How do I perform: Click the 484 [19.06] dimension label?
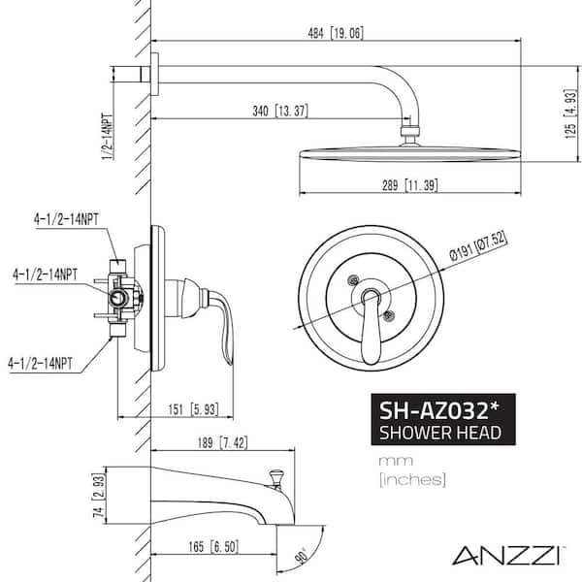pyautogui.click(x=336, y=33)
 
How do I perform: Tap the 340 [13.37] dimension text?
pyautogui.click(x=280, y=111)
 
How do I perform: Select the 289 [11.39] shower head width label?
pyautogui.click(x=409, y=185)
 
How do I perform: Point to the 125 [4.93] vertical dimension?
pyautogui.click(x=570, y=113)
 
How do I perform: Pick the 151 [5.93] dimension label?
pyautogui.click(x=193, y=409)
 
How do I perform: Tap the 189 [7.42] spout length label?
pyautogui.click(x=223, y=442)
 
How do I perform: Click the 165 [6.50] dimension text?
pyautogui.click(x=213, y=546)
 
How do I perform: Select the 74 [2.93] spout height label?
pyautogui.click(x=99, y=496)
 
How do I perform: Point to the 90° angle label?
pyautogui.click(x=303, y=556)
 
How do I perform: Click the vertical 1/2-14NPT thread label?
pyautogui.click(x=108, y=136)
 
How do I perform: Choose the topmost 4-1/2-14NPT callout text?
pyautogui.click(x=66, y=219)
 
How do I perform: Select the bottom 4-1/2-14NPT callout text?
pyautogui.click(x=40, y=364)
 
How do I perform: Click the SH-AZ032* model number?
pyautogui.click(x=438, y=410)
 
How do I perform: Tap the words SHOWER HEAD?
pyautogui.click(x=439, y=433)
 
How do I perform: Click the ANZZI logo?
pyautogui.click(x=508, y=555)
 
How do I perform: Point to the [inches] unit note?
pyautogui.click(x=412, y=479)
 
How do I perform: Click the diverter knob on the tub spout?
pyautogui.click(x=275, y=479)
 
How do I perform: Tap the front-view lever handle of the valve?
pyautogui.click(x=372, y=326)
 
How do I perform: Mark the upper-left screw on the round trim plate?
pyautogui.click(x=353, y=280)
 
